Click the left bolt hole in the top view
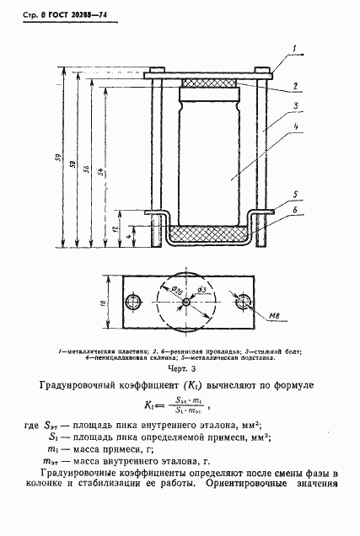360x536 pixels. point(132,303)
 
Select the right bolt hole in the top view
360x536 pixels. point(243,303)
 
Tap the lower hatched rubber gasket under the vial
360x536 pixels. point(207,231)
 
